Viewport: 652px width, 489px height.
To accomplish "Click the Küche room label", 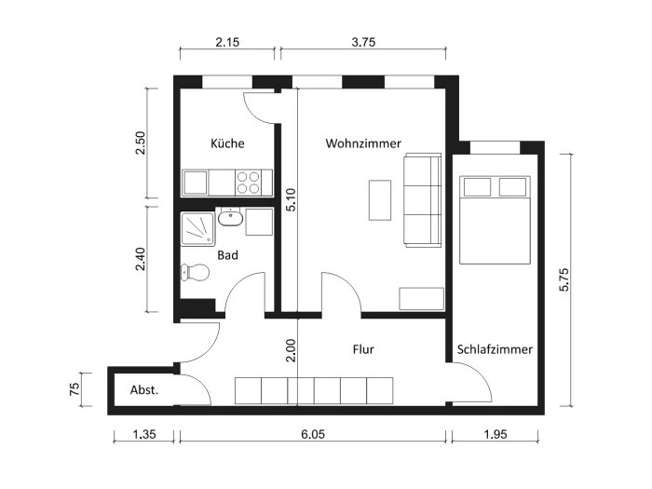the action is (x=227, y=143).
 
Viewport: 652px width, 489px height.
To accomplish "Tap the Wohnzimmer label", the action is (x=363, y=143).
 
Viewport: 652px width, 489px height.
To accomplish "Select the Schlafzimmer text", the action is (x=495, y=349).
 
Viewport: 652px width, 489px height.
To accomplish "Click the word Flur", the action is (x=363, y=349).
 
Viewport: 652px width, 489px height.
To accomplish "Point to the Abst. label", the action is (x=144, y=390).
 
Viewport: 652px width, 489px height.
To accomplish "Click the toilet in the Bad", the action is (x=195, y=272).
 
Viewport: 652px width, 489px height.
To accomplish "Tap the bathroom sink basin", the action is (x=230, y=218).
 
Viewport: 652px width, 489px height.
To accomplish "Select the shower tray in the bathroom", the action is (x=197, y=229).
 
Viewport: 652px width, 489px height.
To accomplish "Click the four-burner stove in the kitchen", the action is (x=249, y=183).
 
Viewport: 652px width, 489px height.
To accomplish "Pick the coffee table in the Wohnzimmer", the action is (x=380, y=200).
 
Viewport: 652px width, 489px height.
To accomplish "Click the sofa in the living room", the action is (x=423, y=200).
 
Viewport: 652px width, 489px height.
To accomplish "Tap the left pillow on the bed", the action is (x=477, y=187).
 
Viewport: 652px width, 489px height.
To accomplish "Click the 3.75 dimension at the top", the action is (x=363, y=42).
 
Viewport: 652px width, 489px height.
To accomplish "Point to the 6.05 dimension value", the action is (x=313, y=435).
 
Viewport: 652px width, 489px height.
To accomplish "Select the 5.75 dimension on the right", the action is (x=564, y=279).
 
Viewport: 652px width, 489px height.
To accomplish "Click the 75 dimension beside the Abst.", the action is (x=74, y=389).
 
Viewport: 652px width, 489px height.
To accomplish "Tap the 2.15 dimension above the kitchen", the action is (x=227, y=42).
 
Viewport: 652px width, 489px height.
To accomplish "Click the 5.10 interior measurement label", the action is (x=291, y=200).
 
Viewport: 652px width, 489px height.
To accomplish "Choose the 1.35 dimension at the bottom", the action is (x=144, y=435).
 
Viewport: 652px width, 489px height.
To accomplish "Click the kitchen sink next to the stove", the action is (x=195, y=183).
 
